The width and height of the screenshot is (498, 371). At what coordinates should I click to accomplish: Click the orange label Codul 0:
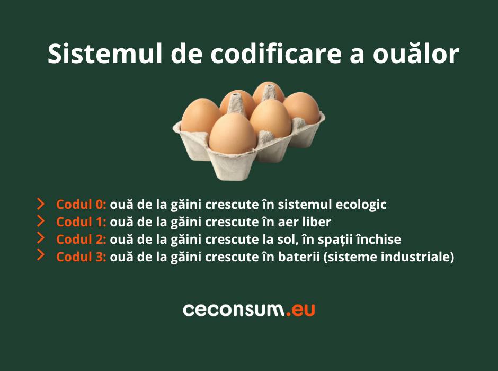point(81,204)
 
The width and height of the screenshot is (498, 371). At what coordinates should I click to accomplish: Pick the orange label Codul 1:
point(81,222)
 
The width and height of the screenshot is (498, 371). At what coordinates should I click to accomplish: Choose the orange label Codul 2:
point(81,239)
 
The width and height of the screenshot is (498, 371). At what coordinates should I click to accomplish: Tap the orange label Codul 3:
point(81,257)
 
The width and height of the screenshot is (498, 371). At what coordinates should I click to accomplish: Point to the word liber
point(317,222)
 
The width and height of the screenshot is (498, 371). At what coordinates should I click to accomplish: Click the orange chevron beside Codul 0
point(41,204)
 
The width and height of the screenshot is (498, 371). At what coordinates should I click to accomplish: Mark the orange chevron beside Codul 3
point(41,255)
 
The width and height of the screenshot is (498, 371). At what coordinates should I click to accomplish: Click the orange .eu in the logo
point(300,310)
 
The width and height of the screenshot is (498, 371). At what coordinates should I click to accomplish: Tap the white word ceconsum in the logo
point(234,310)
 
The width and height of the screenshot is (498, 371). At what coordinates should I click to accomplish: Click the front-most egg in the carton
point(233,134)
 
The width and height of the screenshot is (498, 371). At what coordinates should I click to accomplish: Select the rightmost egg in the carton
point(301,108)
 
